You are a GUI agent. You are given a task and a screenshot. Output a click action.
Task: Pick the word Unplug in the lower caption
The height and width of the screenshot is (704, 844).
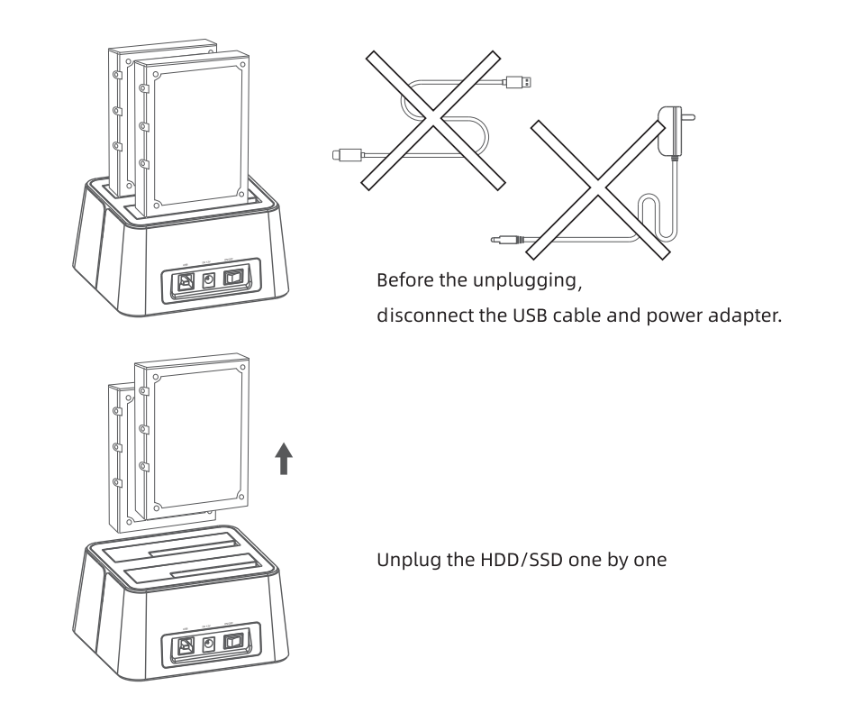[x=404, y=560]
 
